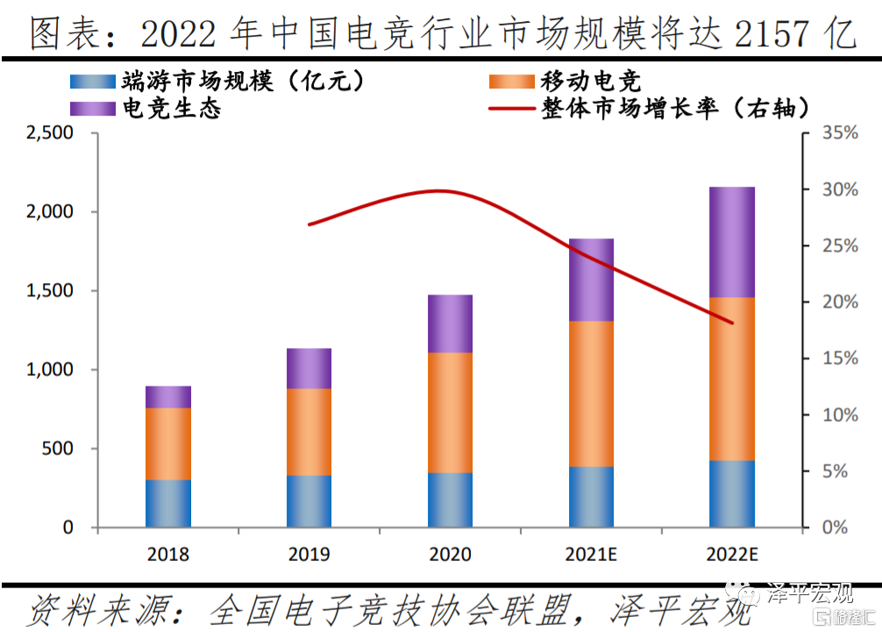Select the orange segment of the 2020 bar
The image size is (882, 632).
coord(450,413)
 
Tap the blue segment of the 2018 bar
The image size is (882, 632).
coord(167,503)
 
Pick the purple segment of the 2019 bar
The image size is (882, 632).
coord(309,368)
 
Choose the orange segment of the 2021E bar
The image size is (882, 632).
coord(591,394)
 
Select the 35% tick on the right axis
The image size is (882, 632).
coord(840,133)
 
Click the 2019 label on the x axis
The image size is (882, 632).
coord(309,555)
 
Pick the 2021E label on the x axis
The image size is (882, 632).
coord(591,555)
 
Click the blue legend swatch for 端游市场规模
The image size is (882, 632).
coord(92,82)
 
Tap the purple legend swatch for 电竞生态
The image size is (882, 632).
coord(92,109)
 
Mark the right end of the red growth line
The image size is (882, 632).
coord(732,323)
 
